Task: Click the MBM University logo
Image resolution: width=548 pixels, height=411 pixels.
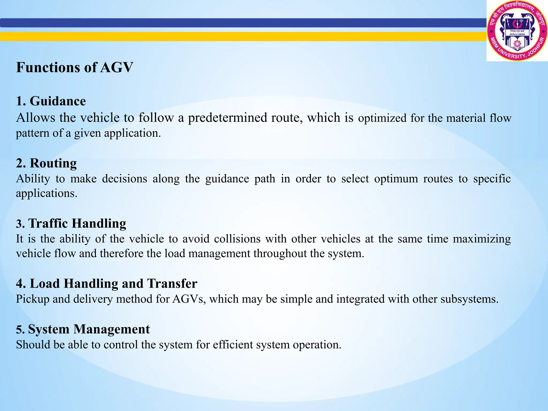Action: (517, 31)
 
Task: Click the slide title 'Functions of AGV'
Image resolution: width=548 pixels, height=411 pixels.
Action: (74, 67)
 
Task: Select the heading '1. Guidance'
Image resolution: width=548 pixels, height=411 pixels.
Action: (51, 101)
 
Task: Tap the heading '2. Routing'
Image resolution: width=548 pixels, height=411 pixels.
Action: (46, 163)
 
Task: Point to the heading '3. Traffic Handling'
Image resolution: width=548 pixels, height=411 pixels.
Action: (71, 223)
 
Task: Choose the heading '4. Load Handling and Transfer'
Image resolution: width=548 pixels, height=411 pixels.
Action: (106, 284)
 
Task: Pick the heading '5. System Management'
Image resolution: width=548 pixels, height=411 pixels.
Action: (83, 329)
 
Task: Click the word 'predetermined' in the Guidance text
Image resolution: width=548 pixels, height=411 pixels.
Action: (227, 118)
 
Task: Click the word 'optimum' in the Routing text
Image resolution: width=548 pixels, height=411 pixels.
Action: (396, 179)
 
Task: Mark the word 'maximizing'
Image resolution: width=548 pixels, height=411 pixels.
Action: (482, 239)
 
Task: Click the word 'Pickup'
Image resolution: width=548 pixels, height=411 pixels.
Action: (33, 299)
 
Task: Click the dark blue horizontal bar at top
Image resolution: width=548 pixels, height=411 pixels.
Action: (241, 23)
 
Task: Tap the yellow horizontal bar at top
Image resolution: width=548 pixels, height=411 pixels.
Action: (241, 36)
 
